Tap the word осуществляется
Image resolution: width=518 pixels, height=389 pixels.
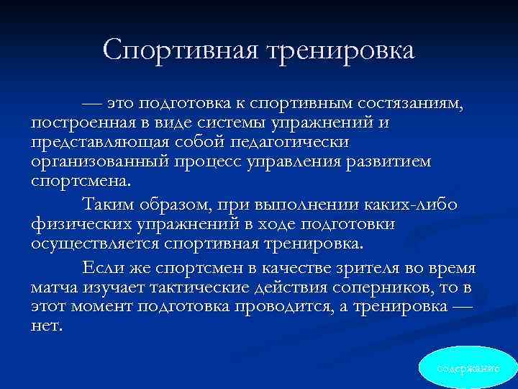95,242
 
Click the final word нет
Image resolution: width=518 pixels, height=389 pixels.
47,324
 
